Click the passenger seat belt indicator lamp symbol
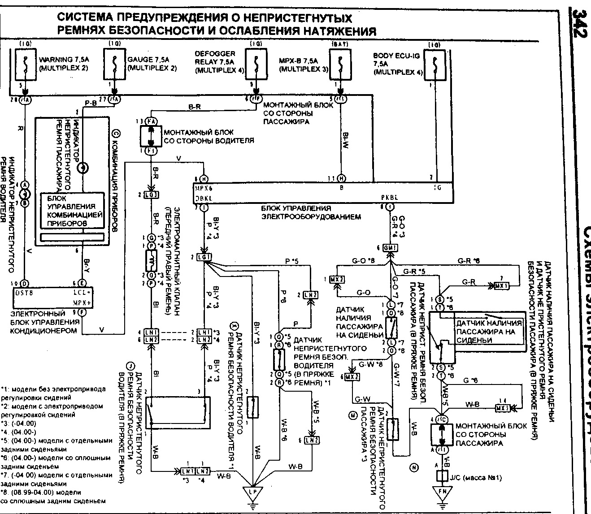pos(83,168)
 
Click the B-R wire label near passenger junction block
pos(195,107)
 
